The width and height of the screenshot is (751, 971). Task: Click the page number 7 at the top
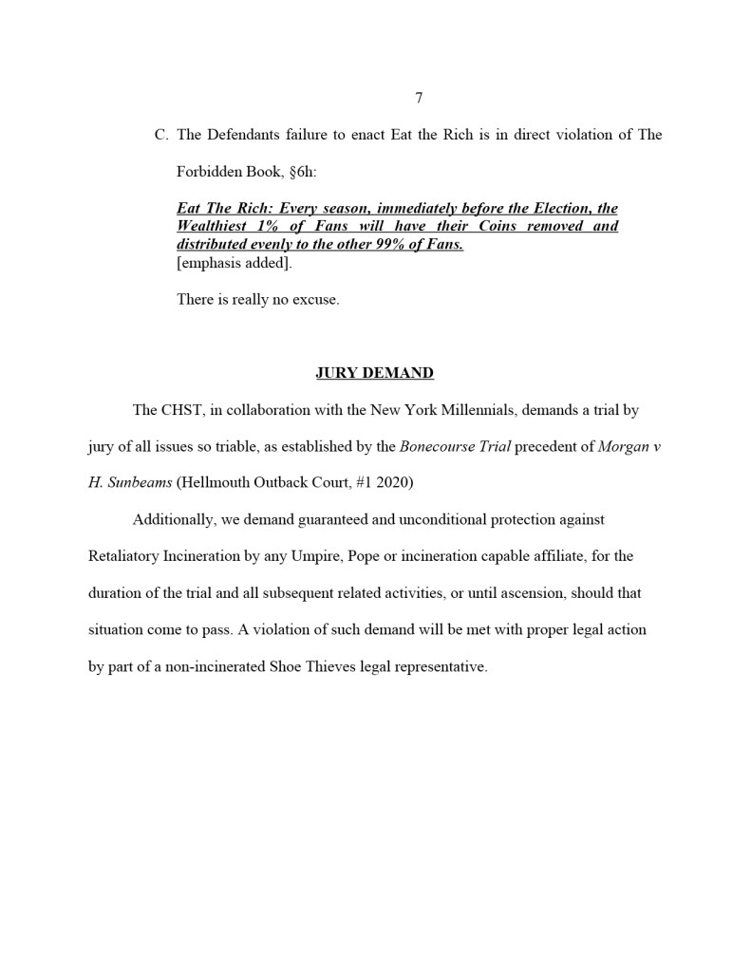[x=419, y=98]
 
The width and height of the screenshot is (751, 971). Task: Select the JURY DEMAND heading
[x=374, y=373]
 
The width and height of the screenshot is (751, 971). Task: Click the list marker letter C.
[x=160, y=135]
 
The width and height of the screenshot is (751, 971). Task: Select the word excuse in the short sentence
[x=313, y=300]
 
